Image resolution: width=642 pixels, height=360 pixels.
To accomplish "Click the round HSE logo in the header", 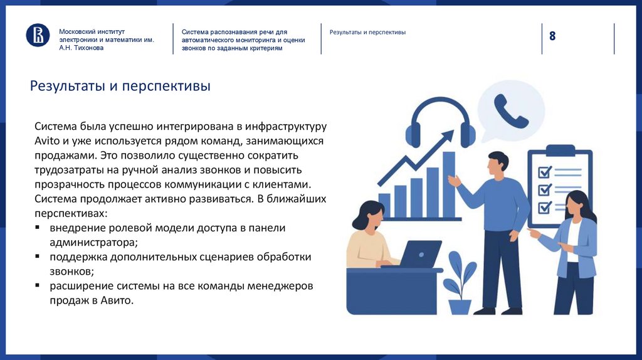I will [38, 34].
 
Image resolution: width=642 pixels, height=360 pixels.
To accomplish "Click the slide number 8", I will [552, 36].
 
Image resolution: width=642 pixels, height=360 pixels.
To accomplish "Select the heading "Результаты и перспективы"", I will [120, 86].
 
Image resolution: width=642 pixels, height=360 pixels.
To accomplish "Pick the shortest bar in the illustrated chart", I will [384, 204].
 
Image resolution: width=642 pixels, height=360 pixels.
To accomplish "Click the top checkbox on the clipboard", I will [544, 171].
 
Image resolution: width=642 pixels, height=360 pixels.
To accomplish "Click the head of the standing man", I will [498, 164].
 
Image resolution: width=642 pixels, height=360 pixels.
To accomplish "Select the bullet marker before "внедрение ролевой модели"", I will [38, 228].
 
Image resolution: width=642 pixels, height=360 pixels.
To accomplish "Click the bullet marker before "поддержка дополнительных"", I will [38, 257].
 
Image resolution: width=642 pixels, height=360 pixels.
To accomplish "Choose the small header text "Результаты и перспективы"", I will [367, 32].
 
